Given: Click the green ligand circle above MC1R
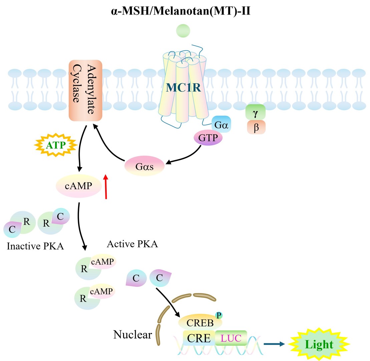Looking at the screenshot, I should point(183,31).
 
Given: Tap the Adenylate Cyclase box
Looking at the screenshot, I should point(85,90).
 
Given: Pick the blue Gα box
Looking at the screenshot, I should point(221,124).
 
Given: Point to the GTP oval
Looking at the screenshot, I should point(208,137).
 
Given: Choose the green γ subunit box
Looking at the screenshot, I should point(255,113).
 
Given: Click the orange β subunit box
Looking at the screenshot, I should point(256,127).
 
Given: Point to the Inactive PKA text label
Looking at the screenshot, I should point(35,247).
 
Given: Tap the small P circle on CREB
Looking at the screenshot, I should point(219,315).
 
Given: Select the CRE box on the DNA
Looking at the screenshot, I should point(199,338).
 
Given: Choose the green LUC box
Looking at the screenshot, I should point(231,338).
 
